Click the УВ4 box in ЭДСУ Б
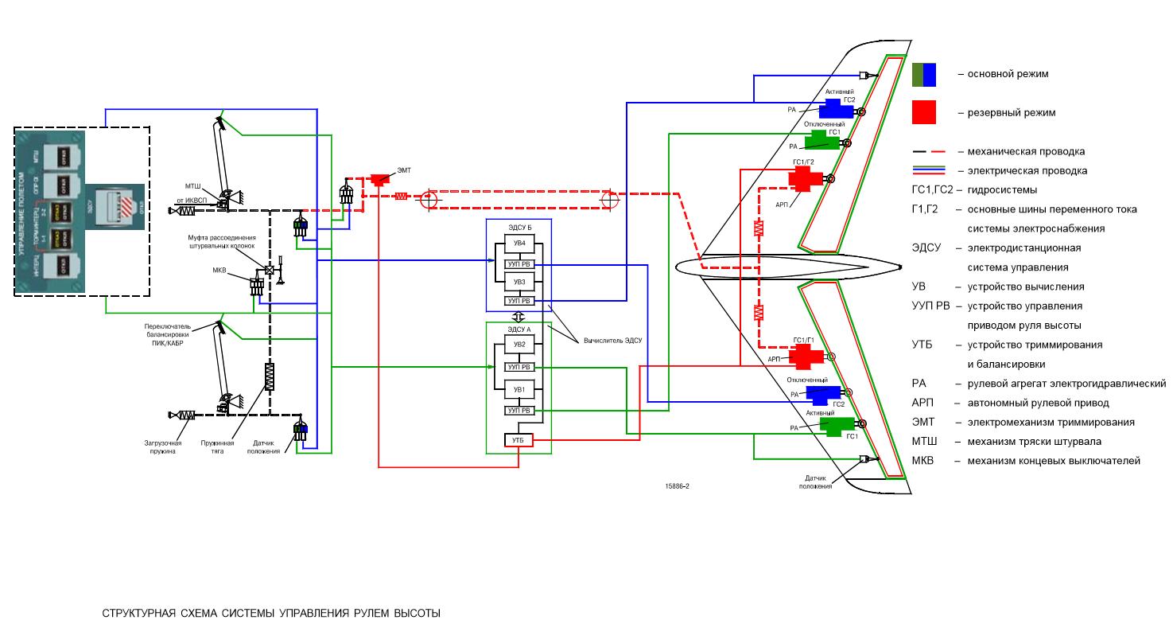click(x=519, y=243)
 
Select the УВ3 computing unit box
click(x=519, y=282)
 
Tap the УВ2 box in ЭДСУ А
click(x=519, y=345)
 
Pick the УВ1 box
click(x=519, y=389)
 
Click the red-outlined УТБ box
click(x=518, y=439)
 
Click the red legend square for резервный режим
click(x=924, y=112)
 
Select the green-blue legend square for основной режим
click(x=924, y=74)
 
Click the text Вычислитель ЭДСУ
click(x=612, y=340)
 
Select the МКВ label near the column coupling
click(x=219, y=270)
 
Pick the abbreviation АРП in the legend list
click(x=922, y=403)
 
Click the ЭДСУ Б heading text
click(x=519, y=228)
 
